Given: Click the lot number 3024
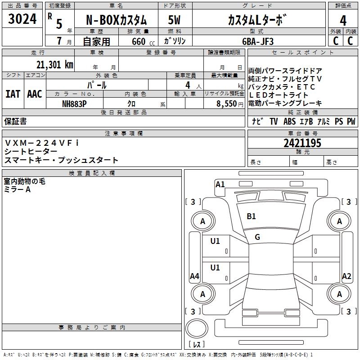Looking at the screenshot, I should click(22, 19).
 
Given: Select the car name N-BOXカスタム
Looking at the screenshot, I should click(116, 20).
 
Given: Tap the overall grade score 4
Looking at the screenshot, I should click(343, 20).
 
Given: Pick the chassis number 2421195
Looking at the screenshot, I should click(302, 143).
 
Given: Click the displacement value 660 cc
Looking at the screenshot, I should click(139, 41).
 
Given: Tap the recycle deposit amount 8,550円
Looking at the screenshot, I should click(229, 103).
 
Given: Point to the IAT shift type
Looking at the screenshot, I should click(12, 94).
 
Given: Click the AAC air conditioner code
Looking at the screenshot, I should click(34, 94).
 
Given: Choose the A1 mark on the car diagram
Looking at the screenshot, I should click(220, 184).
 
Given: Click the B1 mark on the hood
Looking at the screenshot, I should click(251, 216).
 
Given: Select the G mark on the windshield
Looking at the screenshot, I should click(257, 237).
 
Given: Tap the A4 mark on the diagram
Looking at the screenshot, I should click(194, 276).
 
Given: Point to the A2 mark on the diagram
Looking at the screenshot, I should click(346, 276).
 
